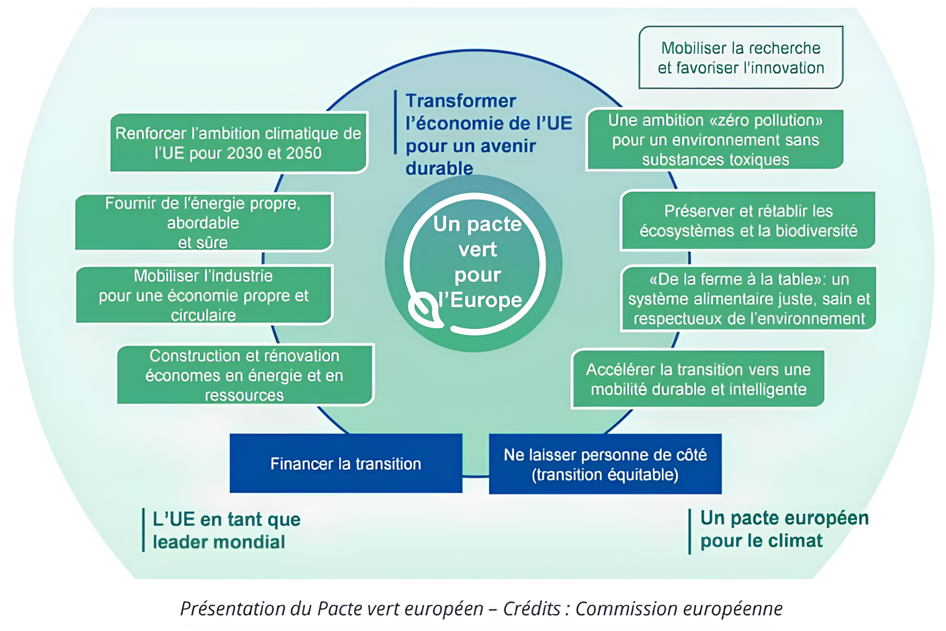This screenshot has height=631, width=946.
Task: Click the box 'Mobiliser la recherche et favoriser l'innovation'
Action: pos(740,58)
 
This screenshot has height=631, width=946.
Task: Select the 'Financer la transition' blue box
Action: pos(345,463)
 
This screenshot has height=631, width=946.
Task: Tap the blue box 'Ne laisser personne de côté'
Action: pos(605,464)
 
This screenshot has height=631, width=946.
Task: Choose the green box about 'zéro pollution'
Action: pos(715,140)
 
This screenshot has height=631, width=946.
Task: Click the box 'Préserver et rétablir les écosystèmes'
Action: pos(748,221)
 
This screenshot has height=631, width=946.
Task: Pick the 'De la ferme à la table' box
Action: pos(748,299)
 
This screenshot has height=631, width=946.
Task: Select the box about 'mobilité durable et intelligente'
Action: pos(697,379)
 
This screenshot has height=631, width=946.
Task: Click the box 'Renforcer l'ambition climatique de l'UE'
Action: pos(238,143)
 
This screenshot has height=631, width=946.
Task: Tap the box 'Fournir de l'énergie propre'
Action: pos(203,222)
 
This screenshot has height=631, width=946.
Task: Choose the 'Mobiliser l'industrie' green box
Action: pos(204,295)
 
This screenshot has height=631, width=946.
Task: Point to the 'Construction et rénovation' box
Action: pos(245,375)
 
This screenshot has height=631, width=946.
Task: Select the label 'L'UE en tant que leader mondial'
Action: pos(226,530)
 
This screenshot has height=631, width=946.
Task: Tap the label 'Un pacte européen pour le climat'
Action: pos(783,529)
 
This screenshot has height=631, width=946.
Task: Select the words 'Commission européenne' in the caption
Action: pos(679,609)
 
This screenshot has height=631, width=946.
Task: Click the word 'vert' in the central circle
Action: pos(477,250)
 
